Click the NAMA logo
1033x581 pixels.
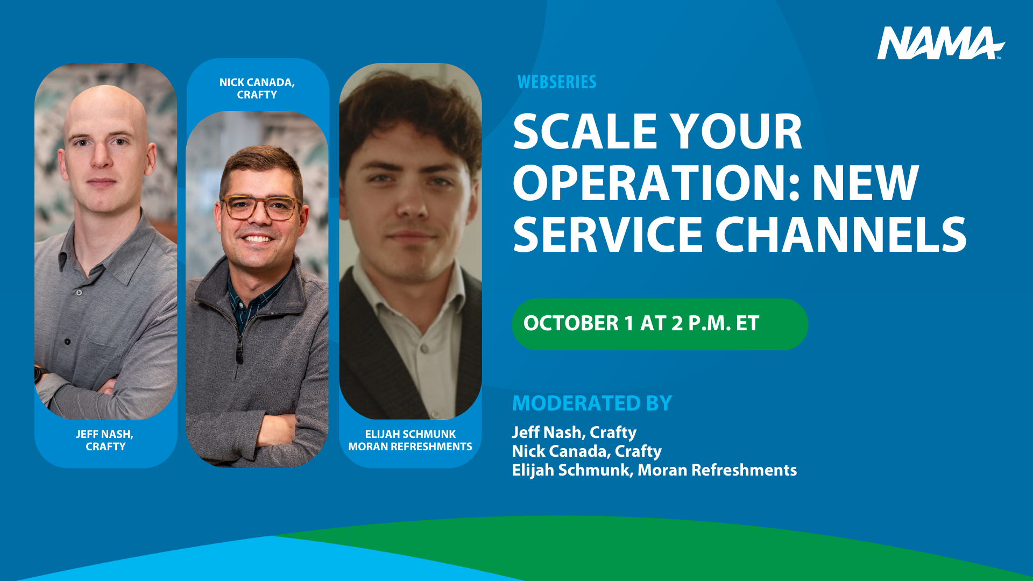pyautogui.click(x=941, y=43)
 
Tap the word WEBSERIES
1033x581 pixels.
pyautogui.click(x=557, y=82)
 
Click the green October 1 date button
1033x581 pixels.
pyautogui.click(x=660, y=324)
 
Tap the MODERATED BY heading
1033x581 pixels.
pyautogui.click(x=592, y=403)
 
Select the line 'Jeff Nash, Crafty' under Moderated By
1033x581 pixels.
pyautogui.click(x=574, y=433)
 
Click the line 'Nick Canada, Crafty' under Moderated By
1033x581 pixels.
pyautogui.click(x=586, y=451)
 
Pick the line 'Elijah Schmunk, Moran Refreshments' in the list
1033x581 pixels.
pyautogui.click(x=654, y=470)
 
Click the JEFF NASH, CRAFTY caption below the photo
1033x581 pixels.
pyautogui.click(x=105, y=440)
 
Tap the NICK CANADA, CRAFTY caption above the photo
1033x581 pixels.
pyautogui.click(x=257, y=88)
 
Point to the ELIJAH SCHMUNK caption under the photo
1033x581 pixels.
pyautogui.click(x=410, y=440)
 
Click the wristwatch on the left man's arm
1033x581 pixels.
pyautogui.click(x=38, y=374)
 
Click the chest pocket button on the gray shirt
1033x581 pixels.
pyautogui.click(x=67, y=342)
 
